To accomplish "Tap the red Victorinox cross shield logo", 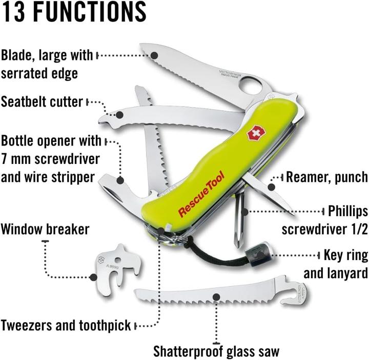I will pyautogui.click(x=254, y=135).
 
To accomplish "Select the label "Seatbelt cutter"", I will pyautogui.click(x=42, y=101).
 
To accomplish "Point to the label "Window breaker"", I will pyautogui.click(x=45, y=228).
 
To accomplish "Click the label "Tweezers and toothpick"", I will pyautogui.click(x=66, y=325).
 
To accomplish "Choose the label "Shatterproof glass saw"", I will pyautogui.click(x=216, y=351).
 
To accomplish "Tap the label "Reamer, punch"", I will pyautogui.click(x=326, y=177).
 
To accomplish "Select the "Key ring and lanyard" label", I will pyautogui.click(x=336, y=264).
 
